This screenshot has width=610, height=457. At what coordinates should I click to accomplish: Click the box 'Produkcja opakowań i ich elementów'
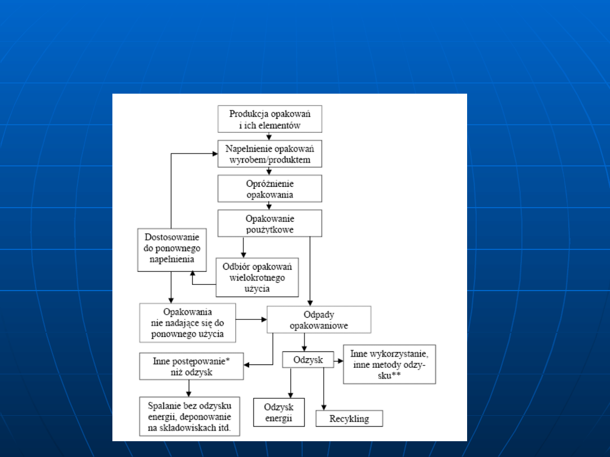pos(269,118)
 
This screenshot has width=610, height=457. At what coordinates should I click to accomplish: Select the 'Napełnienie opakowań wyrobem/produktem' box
pos(269,153)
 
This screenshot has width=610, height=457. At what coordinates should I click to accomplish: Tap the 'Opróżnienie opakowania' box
pos(269,188)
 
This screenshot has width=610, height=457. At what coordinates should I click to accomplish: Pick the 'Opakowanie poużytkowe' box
pos(269,223)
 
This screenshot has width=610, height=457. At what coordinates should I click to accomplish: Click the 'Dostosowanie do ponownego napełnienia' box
pos(172,249)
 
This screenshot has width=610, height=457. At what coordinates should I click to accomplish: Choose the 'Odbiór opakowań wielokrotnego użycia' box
pos(257,277)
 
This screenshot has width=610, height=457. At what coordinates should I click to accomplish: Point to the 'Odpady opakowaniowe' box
pos(319,319)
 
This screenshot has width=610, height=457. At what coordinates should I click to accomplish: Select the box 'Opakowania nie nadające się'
pos(188,323)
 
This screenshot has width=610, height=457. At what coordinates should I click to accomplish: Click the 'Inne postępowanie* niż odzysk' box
pos(191,366)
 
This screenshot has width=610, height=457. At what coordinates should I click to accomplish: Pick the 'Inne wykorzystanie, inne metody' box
pos(389,364)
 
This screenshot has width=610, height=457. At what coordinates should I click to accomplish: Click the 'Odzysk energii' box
pos(278,412)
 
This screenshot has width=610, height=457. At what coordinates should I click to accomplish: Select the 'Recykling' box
pos(349,419)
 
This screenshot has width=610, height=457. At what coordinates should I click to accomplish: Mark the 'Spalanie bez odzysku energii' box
pos(189,416)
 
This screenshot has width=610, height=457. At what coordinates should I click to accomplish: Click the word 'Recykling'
pos(349,419)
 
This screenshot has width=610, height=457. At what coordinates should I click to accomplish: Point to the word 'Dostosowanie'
pos(172,238)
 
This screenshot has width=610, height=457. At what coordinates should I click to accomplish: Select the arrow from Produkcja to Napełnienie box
pos(269,136)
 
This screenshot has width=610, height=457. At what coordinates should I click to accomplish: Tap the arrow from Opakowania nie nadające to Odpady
pos(251,319)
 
